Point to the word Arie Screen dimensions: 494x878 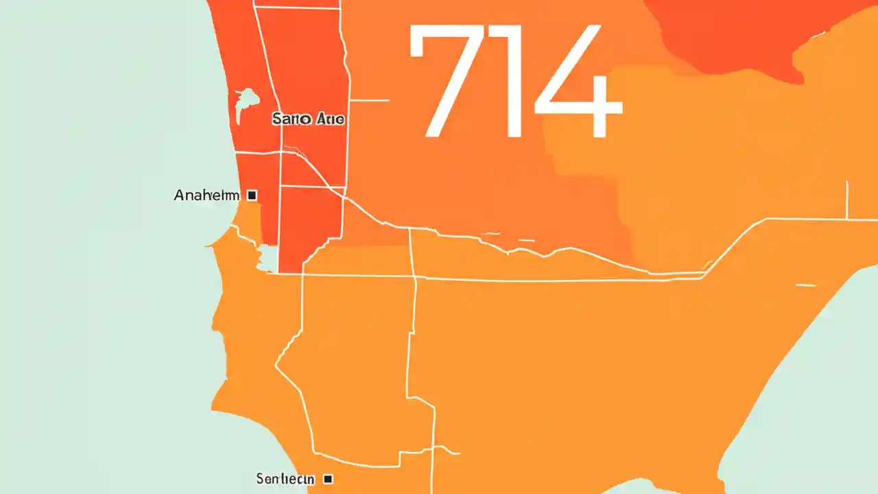pyautogui.click(x=329, y=119)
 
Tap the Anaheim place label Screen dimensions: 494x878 pyautogui.click(x=206, y=196)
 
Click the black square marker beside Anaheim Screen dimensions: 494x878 pyautogui.click(x=252, y=196)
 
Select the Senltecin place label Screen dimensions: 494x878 pyautogui.click(x=285, y=478)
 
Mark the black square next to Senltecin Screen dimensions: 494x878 pyautogui.click(x=328, y=478)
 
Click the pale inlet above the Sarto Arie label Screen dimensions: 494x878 pyautogui.click(x=243, y=103)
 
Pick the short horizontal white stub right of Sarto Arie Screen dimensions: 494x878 pyautogui.click(x=370, y=100)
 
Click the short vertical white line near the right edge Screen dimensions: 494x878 pyautogui.click(x=847, y=200)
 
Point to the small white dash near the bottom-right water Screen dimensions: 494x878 pyautogui.click(x=805, y=285)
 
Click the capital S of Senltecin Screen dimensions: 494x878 pyautogui.click(x=260, y=478)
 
